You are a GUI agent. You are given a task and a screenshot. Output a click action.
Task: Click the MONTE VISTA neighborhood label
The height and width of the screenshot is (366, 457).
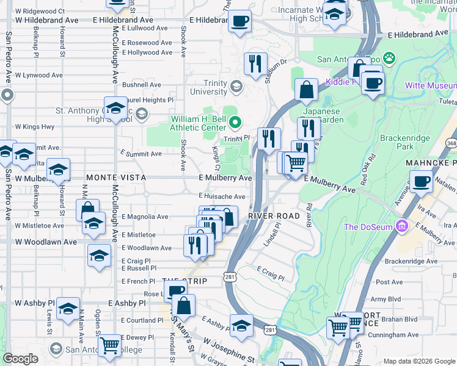115,177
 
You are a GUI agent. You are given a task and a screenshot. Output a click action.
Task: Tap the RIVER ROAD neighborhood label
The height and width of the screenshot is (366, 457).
273,216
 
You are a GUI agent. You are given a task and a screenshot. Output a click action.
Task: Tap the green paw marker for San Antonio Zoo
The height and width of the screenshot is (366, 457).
389,59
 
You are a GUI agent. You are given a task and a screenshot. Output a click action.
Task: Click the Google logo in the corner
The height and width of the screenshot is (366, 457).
20,359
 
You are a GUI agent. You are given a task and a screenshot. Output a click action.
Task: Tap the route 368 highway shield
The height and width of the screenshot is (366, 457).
451,143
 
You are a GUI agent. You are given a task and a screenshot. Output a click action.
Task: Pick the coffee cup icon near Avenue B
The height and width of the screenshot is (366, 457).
421,181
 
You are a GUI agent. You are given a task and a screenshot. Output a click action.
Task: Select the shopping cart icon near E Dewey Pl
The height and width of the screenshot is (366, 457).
109,345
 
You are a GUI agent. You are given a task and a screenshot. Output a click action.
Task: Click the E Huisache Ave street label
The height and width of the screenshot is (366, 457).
222,196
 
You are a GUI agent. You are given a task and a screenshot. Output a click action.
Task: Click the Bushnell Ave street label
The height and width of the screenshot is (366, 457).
141,85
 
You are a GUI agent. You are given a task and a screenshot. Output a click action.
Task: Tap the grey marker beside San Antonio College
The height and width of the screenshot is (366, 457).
56,349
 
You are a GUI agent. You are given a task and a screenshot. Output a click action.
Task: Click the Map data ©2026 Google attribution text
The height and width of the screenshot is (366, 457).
419,361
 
